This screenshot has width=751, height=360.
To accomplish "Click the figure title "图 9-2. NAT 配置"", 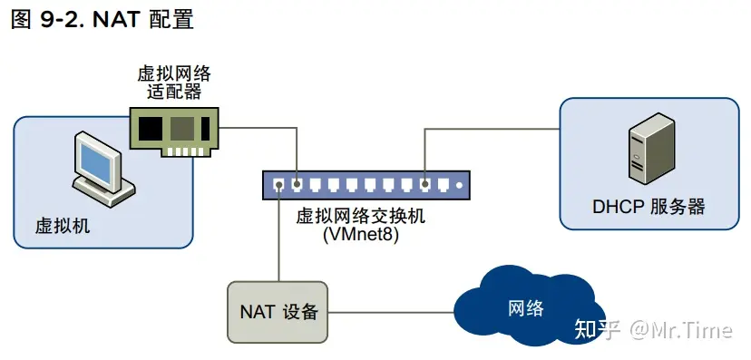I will click(x=102, y=19).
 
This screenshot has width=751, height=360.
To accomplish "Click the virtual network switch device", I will click(x=367, y=185).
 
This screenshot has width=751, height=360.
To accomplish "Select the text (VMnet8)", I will click(x=360, y=234).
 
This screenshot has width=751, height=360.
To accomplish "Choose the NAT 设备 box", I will click(x=278, y=312).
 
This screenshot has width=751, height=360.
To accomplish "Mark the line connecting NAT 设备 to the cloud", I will click(x=390, y=312).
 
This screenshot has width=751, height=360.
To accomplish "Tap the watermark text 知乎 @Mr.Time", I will click(x=653, y=328).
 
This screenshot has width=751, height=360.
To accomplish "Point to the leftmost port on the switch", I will click(x=278, y=185).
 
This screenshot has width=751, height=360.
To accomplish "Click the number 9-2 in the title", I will click(x=59, y=19).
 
